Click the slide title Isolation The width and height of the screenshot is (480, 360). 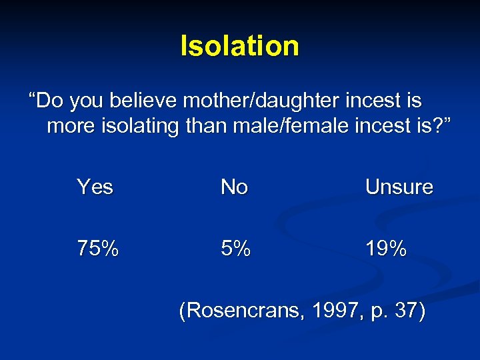pos(240,46)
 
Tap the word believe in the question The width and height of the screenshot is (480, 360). pos(147,101)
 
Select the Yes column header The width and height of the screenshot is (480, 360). pos(95,187)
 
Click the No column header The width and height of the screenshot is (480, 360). pos(234,187)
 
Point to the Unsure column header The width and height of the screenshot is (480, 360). pos(399,187)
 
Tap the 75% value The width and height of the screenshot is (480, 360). pos(98,249)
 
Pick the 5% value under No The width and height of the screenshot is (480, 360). pos(236,249)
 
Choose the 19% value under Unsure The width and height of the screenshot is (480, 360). pos(386,249)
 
